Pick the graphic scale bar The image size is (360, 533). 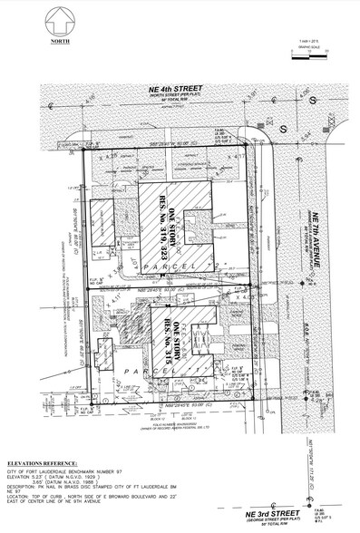[305, 56]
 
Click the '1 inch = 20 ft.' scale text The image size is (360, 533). [306, 44]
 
